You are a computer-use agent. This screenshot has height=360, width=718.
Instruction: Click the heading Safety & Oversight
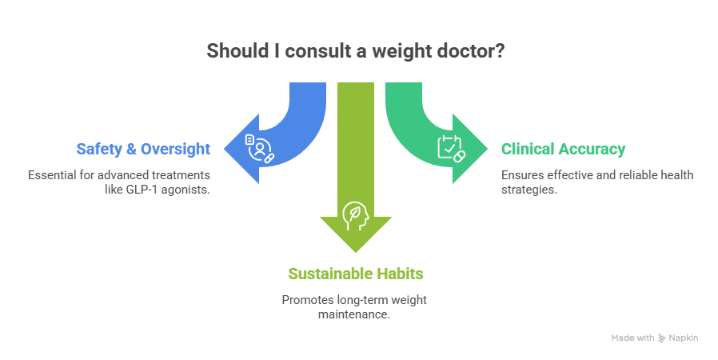(x=143, y=149)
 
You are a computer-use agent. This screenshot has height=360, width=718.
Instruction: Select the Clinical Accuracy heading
(x=563, y=149)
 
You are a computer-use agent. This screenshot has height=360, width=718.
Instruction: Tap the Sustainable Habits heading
(x=356, y=274)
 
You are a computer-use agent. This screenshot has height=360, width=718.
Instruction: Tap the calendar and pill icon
(x=450, y=148)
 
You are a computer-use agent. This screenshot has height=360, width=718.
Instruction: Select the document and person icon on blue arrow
(x=257, y=148)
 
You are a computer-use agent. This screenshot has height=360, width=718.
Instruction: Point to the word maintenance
(x=355, y=314)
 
